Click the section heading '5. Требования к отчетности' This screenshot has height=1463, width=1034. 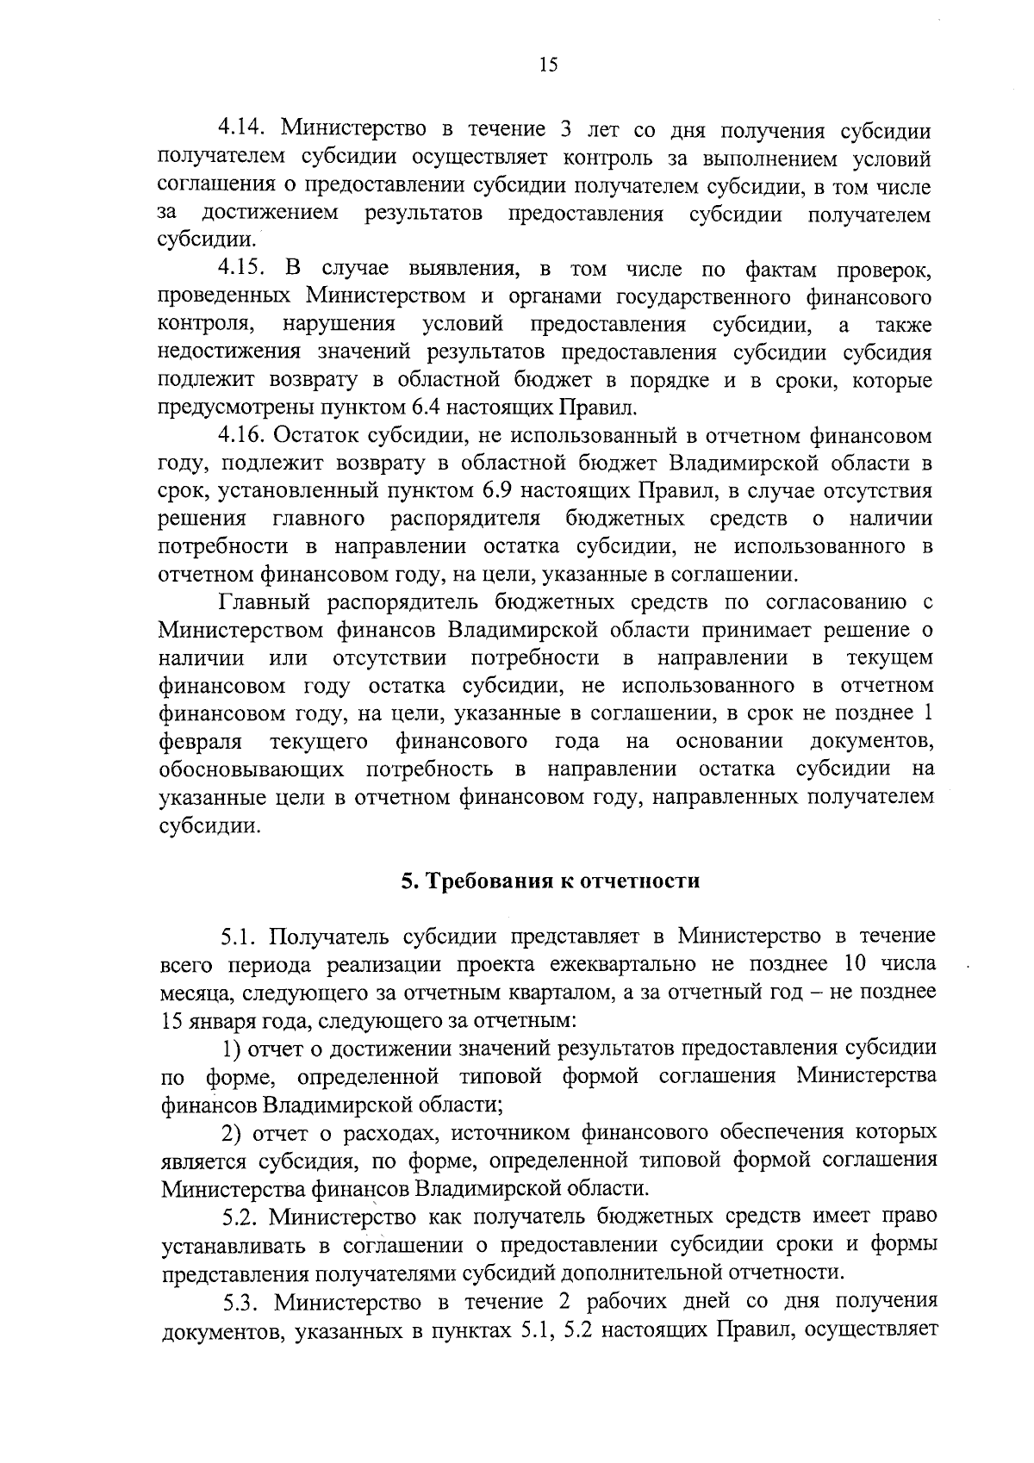(x=551, y=881)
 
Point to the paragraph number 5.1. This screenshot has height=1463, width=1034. (x=241, y=937)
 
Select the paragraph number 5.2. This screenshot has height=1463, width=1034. (x=241, y=1217)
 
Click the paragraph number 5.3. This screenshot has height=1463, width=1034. (x=241, y=1300)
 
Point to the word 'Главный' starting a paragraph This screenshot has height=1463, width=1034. (x=262, y=602)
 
